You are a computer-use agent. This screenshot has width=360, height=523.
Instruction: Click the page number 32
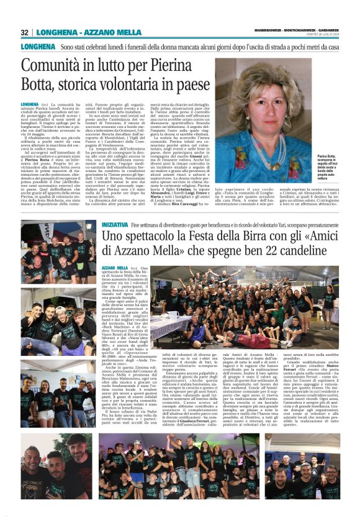(x=25, y=32)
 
